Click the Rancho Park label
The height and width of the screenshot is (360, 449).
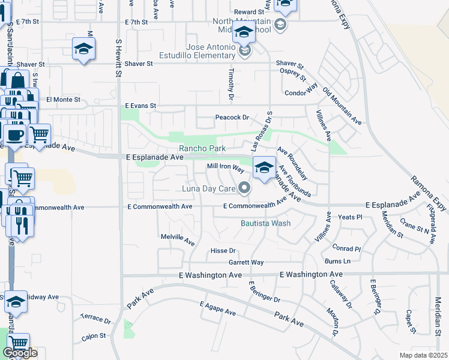[x=202, y=148]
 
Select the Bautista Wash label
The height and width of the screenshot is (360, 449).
[x=265, y=223]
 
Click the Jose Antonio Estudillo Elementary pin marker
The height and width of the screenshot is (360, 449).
[x=244, y=53]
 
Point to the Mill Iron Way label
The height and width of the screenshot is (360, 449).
[x=226, y=167]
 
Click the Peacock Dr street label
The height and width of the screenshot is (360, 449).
[x=232, y=118]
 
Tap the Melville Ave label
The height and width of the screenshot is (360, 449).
[x=178, y=239]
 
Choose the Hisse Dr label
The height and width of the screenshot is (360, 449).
[x=223, y=250]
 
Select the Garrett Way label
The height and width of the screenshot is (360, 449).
[x=246, y=262]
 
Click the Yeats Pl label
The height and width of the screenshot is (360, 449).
[x=351, y=217]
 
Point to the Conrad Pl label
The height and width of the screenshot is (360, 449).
[x=347, y=248]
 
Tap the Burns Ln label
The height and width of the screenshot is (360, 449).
[x=337, y=261]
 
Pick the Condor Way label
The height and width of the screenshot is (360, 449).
[x=300, y=92]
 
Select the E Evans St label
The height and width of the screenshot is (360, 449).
[x=140, y=106]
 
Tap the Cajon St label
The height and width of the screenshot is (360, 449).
[x=94, y=336]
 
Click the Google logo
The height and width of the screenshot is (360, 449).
[x=20, y=353]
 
